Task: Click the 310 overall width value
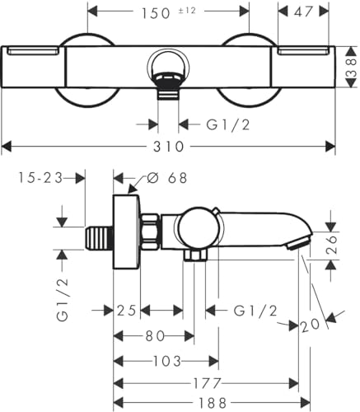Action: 170,147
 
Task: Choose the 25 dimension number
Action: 126,310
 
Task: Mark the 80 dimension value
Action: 153,336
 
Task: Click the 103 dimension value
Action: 166,361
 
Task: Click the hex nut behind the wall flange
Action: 150,233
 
